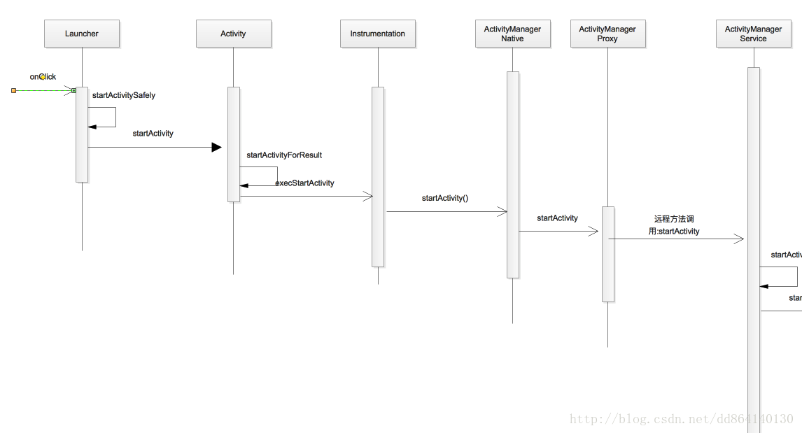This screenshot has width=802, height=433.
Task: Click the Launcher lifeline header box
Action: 82,34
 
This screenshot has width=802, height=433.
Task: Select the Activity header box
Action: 233,34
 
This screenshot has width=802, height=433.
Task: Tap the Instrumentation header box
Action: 378,34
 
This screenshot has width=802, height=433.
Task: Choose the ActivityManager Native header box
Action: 512,34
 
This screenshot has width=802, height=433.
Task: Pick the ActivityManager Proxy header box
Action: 607,34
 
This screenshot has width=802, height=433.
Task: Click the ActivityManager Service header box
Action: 753,34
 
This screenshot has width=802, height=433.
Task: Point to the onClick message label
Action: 43,77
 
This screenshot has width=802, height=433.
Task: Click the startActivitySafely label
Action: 124,95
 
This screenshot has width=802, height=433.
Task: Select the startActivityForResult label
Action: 284,155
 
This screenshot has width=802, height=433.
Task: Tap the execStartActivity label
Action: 304,183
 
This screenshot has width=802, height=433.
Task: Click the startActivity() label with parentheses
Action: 445,198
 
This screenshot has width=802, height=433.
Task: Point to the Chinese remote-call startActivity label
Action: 674,225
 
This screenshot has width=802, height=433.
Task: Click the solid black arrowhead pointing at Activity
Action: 216,147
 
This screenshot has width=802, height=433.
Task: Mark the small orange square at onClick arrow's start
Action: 13,90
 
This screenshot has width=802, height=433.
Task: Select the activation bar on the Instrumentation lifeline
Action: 378,176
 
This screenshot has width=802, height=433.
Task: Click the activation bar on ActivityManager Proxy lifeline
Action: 608,254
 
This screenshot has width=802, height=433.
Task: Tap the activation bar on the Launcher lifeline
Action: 82,134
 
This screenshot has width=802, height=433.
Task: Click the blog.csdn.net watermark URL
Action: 682,419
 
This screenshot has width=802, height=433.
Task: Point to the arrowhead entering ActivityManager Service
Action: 739,239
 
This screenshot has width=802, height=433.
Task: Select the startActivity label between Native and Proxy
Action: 557,218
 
